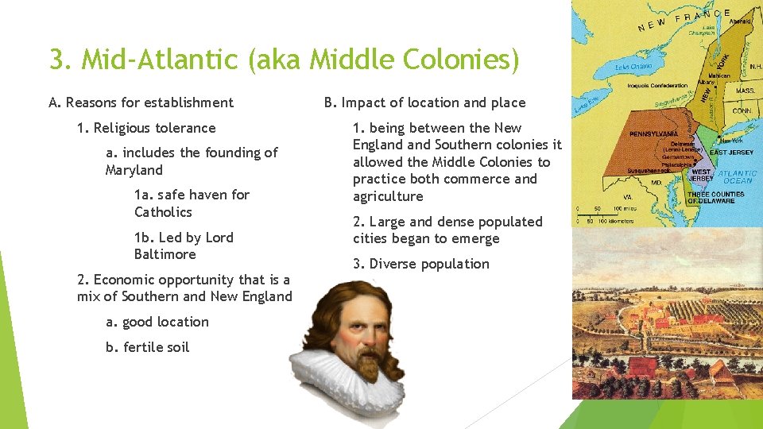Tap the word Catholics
click(163, 212)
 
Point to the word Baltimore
click(165, 254)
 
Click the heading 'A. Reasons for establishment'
click(141, 102)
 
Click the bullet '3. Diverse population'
click(420, 264)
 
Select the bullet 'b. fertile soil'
click(147, 347)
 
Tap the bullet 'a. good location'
click(157, 322)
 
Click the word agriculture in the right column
click(388, 196)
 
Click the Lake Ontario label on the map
click(636, 68)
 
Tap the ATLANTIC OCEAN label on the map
click(737, 176)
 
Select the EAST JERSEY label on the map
click(731, 151)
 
